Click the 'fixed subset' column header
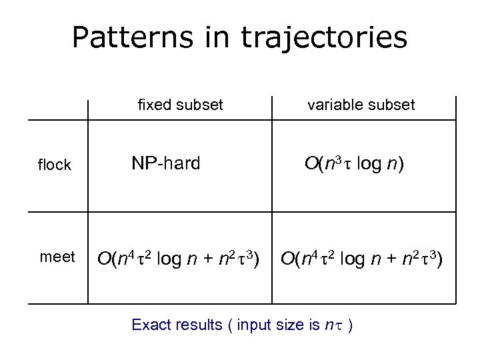click(180, 105)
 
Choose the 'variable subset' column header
click(361, 105)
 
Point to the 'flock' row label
click(55, 165)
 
